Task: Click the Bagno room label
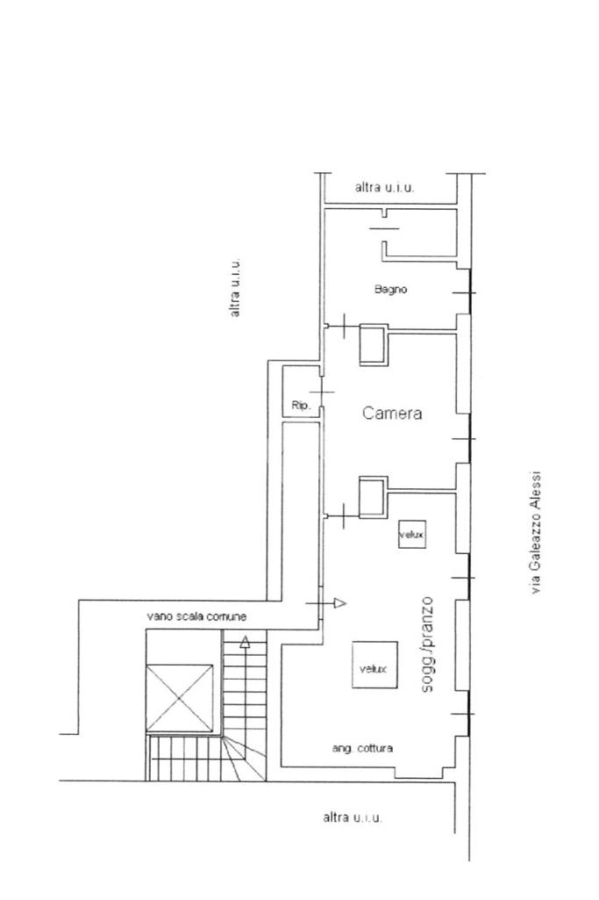[391, 289]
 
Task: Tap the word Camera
[392, 413]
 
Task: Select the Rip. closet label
[301, 406]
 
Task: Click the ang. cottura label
[362, 748]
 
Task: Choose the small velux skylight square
[412, 535]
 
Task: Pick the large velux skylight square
[374, 665]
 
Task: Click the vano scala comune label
[196, 616]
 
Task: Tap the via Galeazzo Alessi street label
[536, 533]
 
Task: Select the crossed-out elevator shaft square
[180, 698]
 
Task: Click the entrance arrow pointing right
[326, 603]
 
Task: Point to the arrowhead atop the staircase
[245, 642]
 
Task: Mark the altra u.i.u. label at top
[385, 187]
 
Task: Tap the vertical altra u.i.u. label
[235, 287]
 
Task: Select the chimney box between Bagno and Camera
[374, 344]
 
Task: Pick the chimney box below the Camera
[373, 496]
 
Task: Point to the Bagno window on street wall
[470, 292]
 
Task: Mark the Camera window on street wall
[470, 439]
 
